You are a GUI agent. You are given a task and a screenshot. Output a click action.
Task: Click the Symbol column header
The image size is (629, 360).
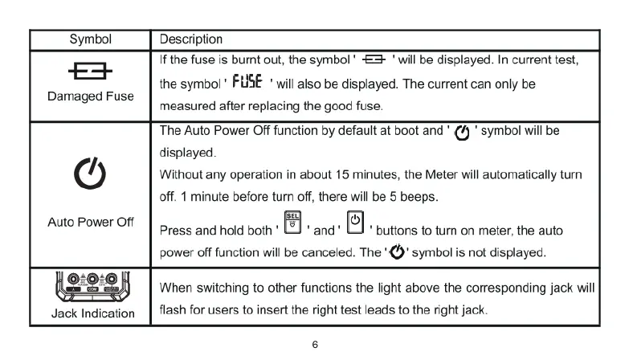coord(90,39)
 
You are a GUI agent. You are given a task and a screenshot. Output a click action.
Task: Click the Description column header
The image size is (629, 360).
coord(191,39)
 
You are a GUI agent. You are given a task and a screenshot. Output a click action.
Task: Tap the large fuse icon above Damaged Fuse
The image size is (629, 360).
coord(91,74)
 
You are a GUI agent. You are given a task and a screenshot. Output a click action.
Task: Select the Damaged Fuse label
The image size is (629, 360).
coord(90,96)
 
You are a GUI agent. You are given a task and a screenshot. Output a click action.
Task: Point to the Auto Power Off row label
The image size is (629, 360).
coord(90,222)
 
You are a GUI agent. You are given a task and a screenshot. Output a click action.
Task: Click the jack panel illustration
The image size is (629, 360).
coord(90,282)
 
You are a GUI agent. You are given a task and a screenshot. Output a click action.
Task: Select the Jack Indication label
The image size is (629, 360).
coord(90,313)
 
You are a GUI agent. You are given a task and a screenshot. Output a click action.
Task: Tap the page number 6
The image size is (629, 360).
coord(315,345)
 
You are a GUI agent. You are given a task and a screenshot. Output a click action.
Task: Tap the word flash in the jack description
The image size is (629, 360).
coord(174,309)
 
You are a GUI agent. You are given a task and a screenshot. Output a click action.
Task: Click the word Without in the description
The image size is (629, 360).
coord(184,174)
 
